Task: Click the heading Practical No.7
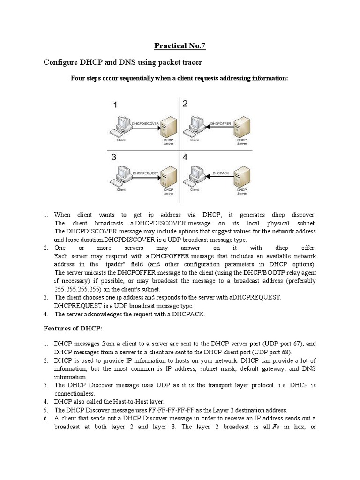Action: coord(180,45)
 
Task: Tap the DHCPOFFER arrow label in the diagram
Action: coord(219,123)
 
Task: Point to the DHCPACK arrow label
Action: coord(220,173)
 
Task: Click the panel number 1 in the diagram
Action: coord(115,106)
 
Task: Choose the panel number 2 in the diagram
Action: coord(185,104)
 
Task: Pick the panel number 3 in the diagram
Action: coord(114,158)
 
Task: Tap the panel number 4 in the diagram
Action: coord(186,158)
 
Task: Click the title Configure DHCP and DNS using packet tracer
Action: coord(122,63)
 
